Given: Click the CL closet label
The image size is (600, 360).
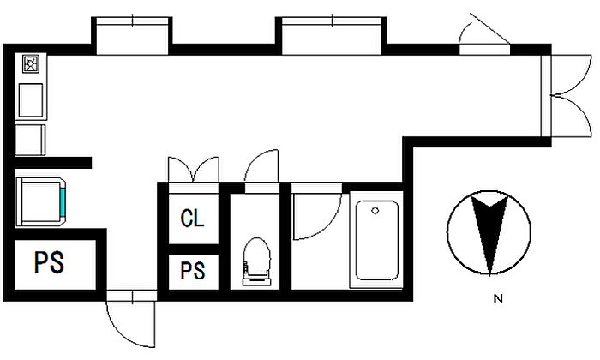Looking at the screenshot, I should click(193, 218).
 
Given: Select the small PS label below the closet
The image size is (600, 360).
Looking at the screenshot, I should click(193, 272).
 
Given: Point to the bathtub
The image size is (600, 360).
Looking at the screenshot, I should click(377, 240).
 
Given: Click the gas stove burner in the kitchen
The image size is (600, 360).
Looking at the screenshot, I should click(31, 64).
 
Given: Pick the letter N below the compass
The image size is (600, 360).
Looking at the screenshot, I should click(496, 299).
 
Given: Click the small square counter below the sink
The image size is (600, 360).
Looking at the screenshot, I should click(30, 139).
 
